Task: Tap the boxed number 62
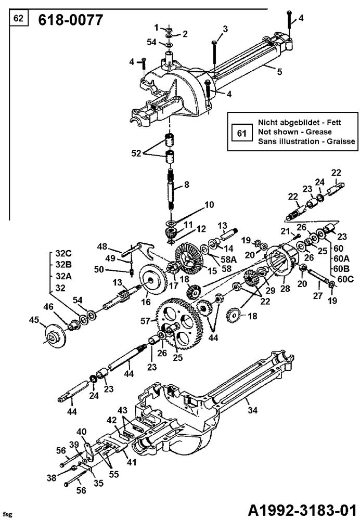click(18, 19)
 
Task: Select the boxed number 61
click(241, 133)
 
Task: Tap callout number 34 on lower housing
click(252, 410)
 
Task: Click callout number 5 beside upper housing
click(279, 72)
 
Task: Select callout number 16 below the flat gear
click(145, 301)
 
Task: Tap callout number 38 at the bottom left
click(50, 477)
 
